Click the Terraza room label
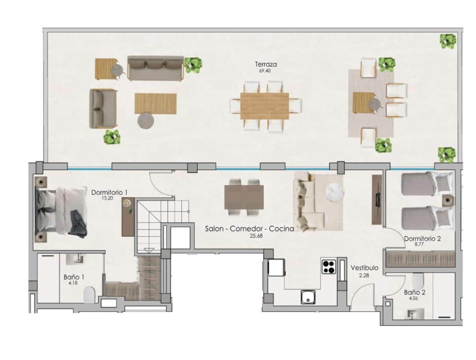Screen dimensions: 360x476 click(x=265, y=64)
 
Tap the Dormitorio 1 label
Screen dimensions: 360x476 click(x=109, y=193)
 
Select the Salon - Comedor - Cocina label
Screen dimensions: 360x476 click(x=249, y=229)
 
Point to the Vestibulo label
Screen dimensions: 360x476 click(x=365, y=268)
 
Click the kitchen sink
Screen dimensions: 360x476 click(x=308, y=297)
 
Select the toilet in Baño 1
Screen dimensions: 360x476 click(x=90, y=295)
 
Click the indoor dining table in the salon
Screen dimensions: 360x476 click(x=244, y=197)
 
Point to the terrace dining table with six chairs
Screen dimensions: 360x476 click(x=265, y=106)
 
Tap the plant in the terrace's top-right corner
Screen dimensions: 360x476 click(x=448, y=42)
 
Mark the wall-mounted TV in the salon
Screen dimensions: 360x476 click(x=377, y=200)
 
